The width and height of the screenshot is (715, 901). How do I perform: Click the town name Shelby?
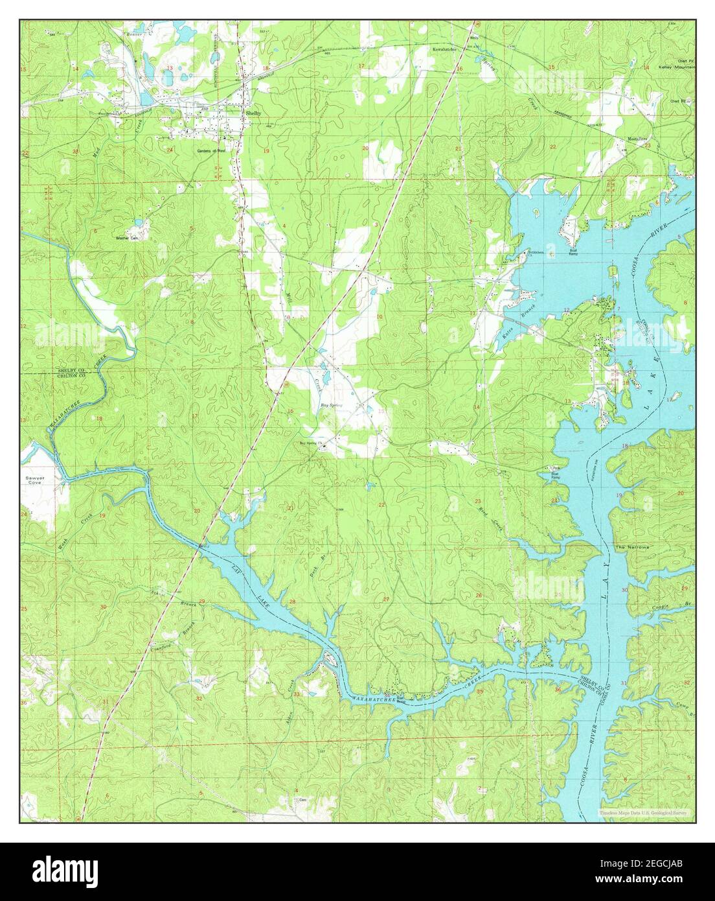coord(253,113)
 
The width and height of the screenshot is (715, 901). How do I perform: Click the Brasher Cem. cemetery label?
coord(128,238)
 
